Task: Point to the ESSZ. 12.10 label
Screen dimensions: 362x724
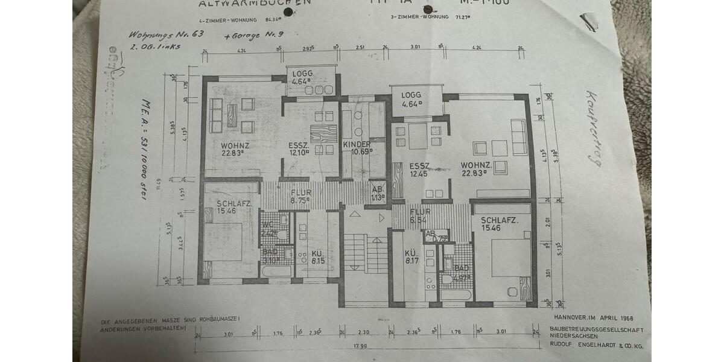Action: [300, 149]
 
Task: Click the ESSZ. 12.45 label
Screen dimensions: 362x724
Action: [419, 170]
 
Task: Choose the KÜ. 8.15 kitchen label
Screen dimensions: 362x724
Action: [317, 257]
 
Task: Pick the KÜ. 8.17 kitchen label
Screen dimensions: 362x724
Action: [411, 257]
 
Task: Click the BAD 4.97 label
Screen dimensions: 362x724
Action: [462, 273]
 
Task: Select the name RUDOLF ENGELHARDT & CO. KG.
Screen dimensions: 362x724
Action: [595, 346]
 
